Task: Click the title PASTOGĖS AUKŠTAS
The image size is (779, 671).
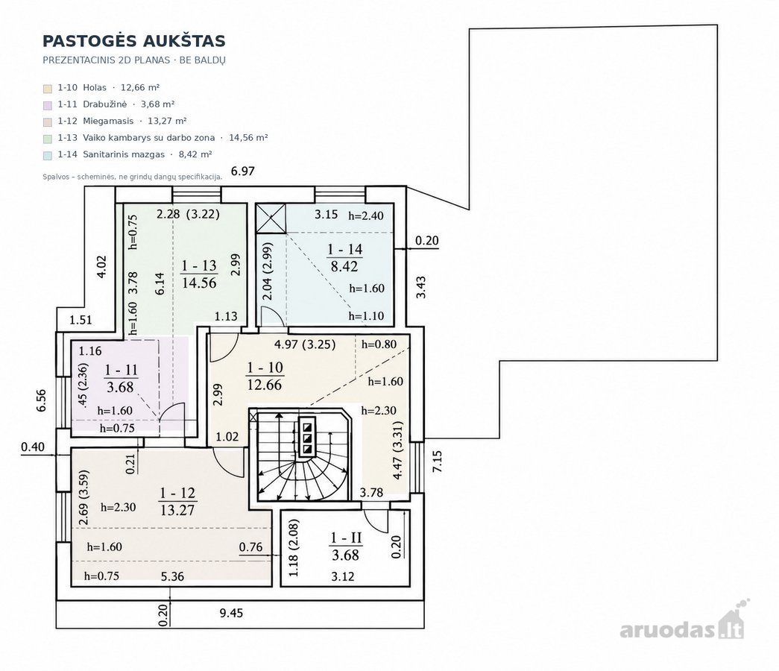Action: [x=133, y=41]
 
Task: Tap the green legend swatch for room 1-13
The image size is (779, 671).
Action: [x=48, y=139]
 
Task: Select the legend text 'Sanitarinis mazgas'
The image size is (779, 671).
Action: [x=124, y=154]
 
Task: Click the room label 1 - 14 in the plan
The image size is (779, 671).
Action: [x=345, y=249]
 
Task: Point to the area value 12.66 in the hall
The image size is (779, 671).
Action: [x=265, y=385]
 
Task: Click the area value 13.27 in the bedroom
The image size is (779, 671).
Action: [x=177, y=510]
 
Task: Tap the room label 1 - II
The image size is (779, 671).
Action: [x=347, y=538]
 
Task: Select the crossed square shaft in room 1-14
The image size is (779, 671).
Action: [x=271, y=218]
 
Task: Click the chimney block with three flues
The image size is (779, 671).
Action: [x=307, y=437]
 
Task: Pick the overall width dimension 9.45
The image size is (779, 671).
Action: [x=232, y=613]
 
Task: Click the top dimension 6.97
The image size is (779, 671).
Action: [x=243, y=171]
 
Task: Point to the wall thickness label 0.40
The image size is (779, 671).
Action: [x=33, y=447]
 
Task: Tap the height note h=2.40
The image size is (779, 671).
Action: [x=366, y=215]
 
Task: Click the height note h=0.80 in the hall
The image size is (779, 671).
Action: [x=379, y=344]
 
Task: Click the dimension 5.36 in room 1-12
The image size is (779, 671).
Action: [x=172, y=576]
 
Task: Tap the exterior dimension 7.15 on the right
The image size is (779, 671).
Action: [x=437, y=461]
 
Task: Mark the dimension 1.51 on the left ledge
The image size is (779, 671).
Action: [x=81, y=320]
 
